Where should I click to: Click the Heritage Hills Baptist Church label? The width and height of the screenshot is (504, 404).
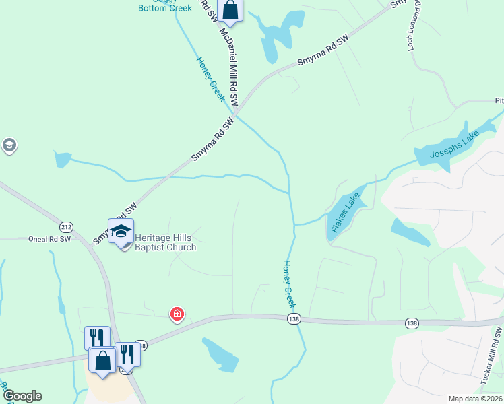point(165,242)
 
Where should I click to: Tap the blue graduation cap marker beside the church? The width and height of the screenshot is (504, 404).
point(121,231)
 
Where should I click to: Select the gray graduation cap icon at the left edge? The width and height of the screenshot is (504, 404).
point(9,145)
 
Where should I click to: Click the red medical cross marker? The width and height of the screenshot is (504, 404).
point(177,314)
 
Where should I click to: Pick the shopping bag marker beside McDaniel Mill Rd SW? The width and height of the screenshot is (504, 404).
point(230,9)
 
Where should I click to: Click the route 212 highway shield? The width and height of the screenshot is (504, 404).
point(65,226)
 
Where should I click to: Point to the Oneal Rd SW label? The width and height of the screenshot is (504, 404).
point(49,239)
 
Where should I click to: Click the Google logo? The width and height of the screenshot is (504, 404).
point(22,395)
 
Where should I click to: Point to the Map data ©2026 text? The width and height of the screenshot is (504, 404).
point(476,399)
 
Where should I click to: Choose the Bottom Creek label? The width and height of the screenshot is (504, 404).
point(165,8)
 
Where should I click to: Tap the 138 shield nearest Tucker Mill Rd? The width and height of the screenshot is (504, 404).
point(412,324)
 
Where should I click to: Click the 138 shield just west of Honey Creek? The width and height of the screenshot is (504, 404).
point(292,318)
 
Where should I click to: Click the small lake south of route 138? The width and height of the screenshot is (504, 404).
point(220,354)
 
